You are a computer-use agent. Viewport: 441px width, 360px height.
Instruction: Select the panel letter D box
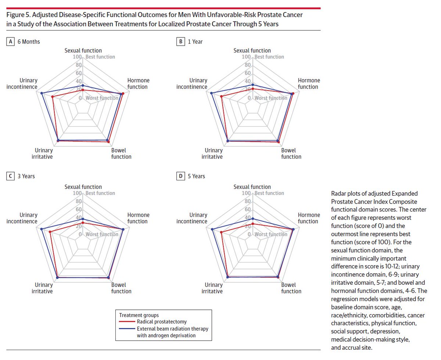tap(180, 176)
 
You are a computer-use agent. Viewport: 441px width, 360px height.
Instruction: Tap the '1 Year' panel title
tap(195, 42)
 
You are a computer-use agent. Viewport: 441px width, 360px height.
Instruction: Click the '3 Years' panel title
tap(26, 176)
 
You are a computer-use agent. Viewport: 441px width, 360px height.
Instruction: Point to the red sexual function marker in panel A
tap(83, 90)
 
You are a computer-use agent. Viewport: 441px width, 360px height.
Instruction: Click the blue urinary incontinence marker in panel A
tap(42, 93)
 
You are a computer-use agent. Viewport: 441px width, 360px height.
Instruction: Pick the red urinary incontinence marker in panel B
tap(222, 97)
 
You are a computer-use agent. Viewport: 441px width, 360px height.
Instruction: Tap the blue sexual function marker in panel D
tap(252, 219)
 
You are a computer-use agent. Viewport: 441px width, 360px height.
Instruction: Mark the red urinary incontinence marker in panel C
tap(50, 232)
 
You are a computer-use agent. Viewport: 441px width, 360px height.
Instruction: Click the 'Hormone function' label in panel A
tap(138, 83)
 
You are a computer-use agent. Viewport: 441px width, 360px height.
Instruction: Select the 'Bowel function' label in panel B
tap(291, 154)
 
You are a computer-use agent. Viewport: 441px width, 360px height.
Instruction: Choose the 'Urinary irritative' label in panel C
tap(44, 288)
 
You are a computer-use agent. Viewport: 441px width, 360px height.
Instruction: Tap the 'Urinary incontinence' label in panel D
tap(192, 218)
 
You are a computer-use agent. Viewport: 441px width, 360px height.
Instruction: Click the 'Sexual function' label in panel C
tap(83, 187)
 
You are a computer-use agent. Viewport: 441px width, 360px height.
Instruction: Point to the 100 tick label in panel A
tap(76, 57)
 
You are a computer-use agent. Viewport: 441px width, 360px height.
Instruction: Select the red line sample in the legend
tap(128, 322)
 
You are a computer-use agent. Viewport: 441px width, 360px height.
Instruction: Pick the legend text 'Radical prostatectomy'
tap(161, 322)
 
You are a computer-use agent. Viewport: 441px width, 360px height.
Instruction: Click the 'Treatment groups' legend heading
tap(139, 315)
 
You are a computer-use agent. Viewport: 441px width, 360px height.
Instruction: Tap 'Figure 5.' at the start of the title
tap(19, 15)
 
